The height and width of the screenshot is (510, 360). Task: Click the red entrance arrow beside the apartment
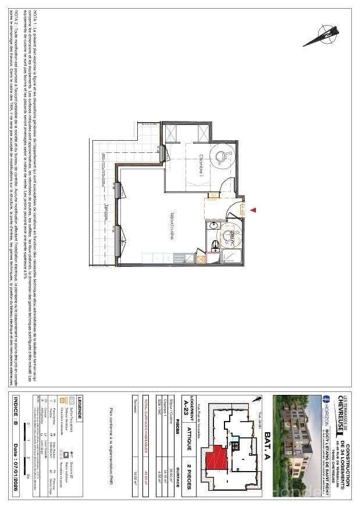(253, 210)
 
